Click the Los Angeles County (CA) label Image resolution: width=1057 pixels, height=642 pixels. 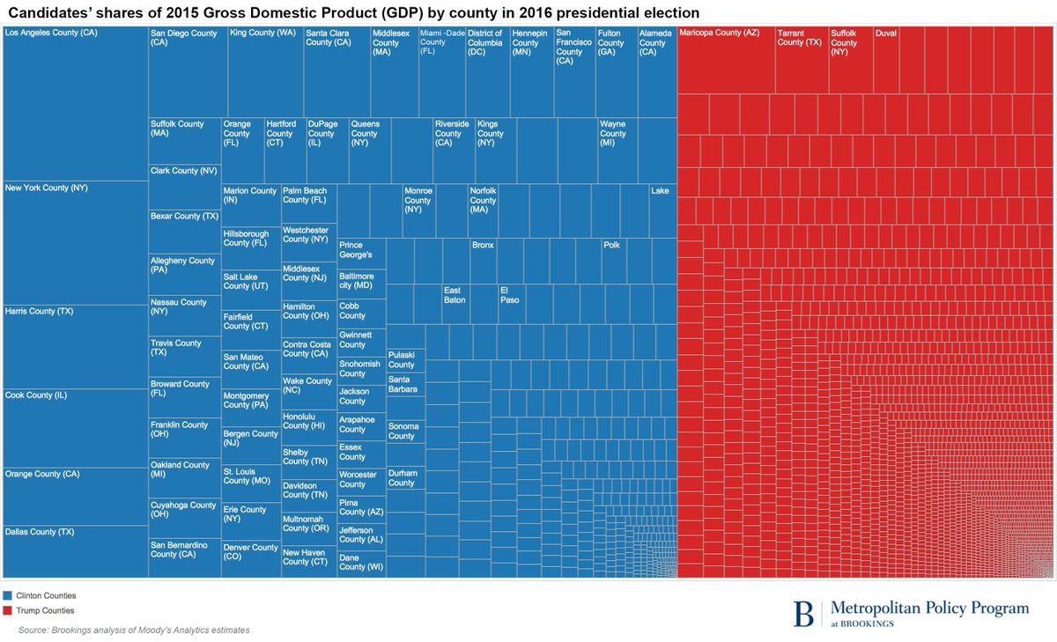coord(51,33)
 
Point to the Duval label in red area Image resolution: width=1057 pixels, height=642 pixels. coord(886,33)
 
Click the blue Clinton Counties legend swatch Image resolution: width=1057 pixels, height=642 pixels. coord(8,596)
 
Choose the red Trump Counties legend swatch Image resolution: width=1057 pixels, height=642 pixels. coord(8,610)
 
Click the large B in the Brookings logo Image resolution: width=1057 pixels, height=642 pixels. coord(803,613)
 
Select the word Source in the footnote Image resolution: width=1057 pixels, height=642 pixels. coord(33,630)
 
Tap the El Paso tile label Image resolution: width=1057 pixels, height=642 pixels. coord(510,295)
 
